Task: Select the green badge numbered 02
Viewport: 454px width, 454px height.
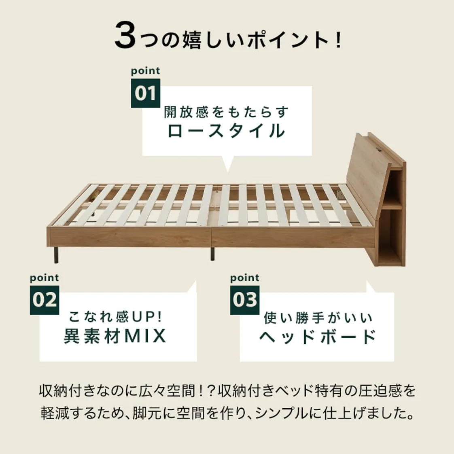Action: tap(44, 300)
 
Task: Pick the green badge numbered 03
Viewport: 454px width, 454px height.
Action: tap(245, 300)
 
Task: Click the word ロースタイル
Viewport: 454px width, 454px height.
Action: tap(227, 131)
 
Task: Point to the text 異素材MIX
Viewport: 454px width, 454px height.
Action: tap(115, 335)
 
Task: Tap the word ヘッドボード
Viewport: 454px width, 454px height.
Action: tap(317, 336)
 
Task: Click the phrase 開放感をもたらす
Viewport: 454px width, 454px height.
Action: tap(227, 112)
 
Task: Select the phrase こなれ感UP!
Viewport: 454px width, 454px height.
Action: tap(115, 317)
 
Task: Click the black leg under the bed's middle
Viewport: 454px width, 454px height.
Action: tap(212, 254)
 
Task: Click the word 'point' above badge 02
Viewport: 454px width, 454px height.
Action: tap(44, 278)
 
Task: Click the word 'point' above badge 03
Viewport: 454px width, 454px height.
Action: tap(245, 278)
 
